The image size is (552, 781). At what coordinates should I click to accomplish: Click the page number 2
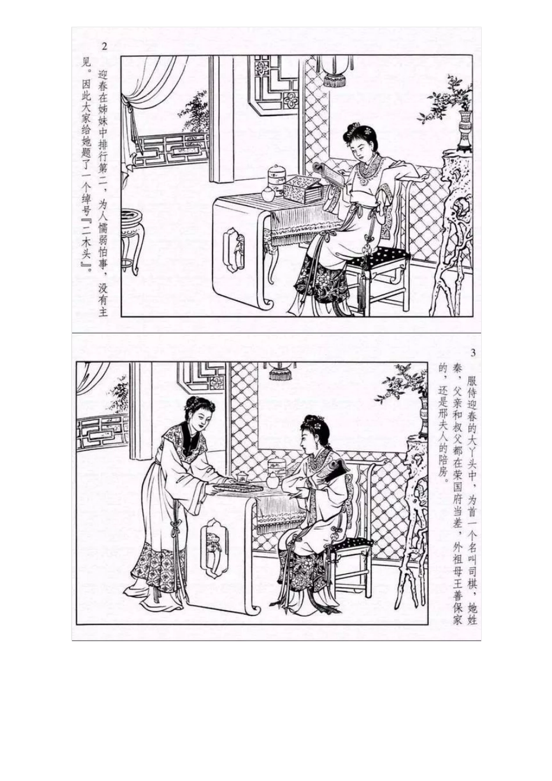point(104,46)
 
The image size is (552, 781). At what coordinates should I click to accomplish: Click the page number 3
point(473,353)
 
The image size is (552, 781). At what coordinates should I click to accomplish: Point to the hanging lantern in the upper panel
point(336,71)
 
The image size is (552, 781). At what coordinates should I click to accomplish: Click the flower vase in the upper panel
point(465,131)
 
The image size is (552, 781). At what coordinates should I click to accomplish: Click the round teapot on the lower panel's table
point(274,479)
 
